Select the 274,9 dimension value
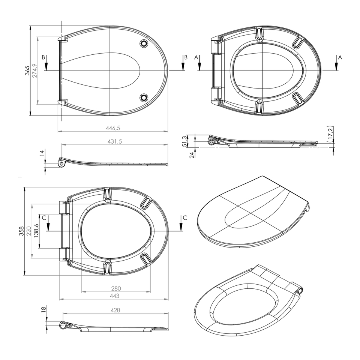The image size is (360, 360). (x=34, y=70)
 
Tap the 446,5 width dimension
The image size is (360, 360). (x=113, y=128)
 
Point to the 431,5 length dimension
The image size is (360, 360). (x=115, y=141)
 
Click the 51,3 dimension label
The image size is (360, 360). (x=184, y=141)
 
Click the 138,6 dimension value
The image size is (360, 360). (x=36, y=231)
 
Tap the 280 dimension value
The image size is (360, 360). (x=116, y=288)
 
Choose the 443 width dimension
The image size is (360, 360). (x=114, y=296)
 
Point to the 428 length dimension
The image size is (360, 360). (x=115, y=310)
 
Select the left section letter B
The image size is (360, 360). (x=44, y=57)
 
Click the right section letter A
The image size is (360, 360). (x=340, y=57)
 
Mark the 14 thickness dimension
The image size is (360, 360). (x=42, y=153)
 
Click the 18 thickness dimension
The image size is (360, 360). (x=43, y=309)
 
